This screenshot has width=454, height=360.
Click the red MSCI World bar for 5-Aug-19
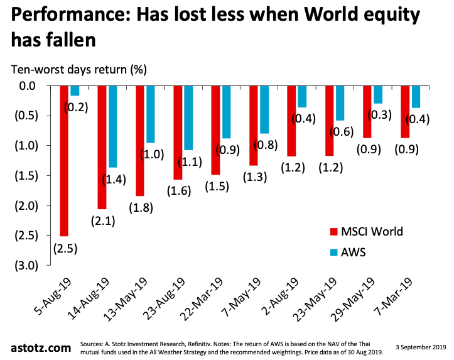(64, 160)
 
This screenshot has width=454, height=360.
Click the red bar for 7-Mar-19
(404, 111)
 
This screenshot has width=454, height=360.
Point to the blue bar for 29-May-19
(378, 94)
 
